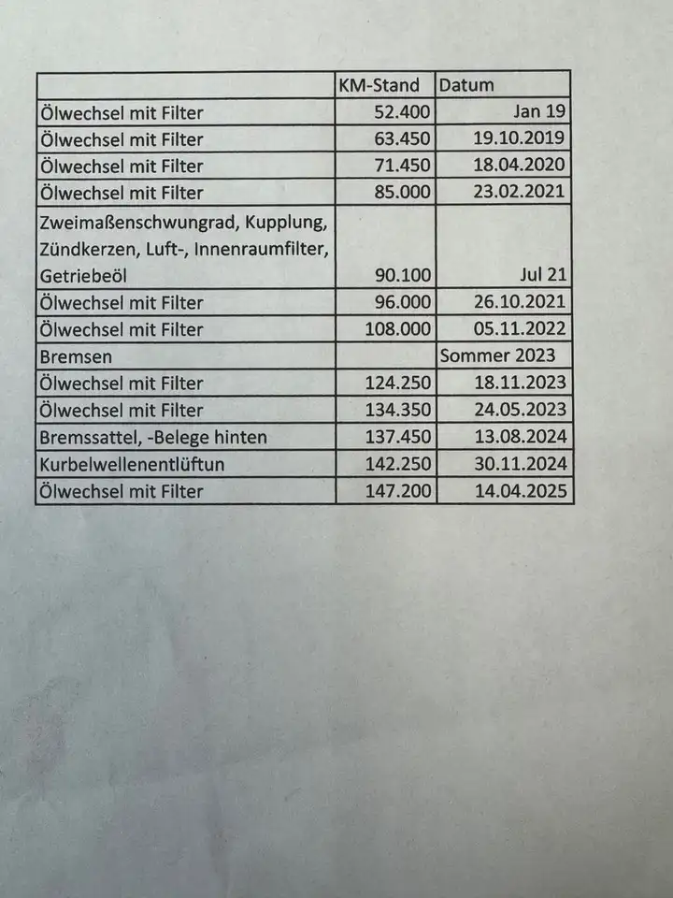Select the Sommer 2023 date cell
click(x=497, y=356)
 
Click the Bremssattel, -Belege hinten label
click(x=152, y=437)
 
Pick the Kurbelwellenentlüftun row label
click(x=133, y=464)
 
